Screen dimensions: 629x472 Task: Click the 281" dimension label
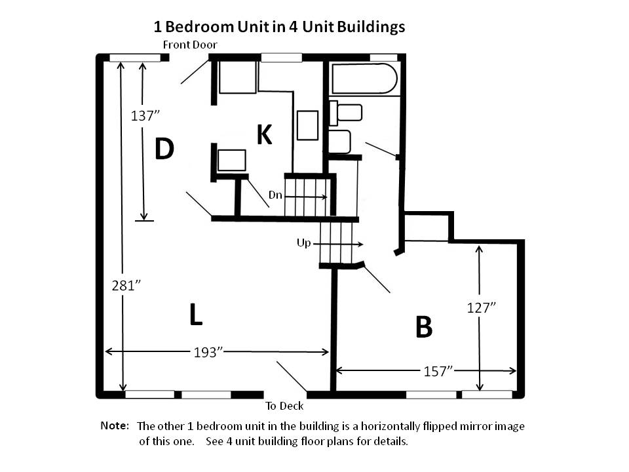[126, 286]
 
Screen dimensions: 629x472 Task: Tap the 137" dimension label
[145, 116]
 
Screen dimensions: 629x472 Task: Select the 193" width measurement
[208, 353]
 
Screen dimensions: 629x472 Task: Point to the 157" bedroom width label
[438, 372]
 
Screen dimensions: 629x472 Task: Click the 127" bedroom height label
[482, 308]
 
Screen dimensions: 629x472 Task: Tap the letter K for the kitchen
[264, 134]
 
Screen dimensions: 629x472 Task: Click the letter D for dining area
[164, 149]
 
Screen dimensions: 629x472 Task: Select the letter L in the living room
[196, 315]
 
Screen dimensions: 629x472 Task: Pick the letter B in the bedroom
[424, 327]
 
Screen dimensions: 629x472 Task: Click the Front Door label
[190, 45]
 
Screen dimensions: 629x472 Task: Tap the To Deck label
[284, 406]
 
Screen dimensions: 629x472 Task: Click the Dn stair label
[275, 195]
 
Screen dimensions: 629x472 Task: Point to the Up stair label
[303, 243]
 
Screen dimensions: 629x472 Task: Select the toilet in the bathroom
[346, 113]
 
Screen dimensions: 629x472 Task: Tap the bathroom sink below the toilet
[339, 142]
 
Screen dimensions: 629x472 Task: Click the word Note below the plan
[115, 426]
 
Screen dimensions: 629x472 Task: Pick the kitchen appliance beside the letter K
[307, 125]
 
